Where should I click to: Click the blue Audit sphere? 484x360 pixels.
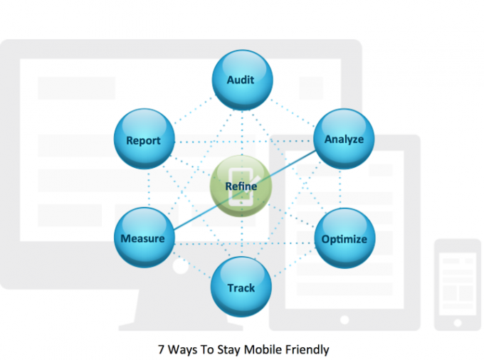point(241,80)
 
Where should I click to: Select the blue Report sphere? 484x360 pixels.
point(143,139)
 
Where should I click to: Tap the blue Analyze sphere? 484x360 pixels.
point(344,138)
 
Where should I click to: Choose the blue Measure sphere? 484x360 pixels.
point(143,237)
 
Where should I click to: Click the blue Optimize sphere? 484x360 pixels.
point(344,238)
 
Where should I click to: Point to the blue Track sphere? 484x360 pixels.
point(241,287)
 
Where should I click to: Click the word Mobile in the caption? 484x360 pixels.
point(261,349)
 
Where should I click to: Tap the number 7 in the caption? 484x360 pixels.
point(160,349)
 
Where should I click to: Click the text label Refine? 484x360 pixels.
point(241,186)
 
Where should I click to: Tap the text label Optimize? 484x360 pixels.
point(344,239)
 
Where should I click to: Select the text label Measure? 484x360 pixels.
point(142,238)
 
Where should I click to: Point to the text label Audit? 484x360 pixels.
point(241,80)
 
